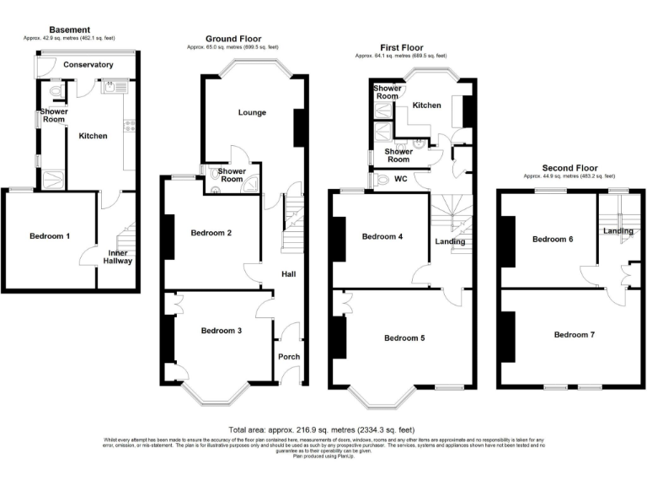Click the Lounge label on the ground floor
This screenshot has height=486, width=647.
[252, 112]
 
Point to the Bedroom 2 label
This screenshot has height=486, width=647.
[211, 232]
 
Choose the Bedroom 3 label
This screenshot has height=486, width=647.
[221, 331]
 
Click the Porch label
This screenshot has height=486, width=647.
[289, 356]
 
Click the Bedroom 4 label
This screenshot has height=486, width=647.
[382, 236]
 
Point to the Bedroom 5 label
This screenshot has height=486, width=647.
[404, 337]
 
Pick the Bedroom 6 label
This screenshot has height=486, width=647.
[553, 239]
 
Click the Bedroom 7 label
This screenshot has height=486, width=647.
[574, 335]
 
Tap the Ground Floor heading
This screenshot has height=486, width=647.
[233, 39]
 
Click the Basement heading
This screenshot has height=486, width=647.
[71, 30]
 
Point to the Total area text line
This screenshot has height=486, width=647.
[321, 429]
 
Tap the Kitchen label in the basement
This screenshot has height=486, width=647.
[93, 135]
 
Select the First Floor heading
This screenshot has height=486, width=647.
[401, 48]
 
